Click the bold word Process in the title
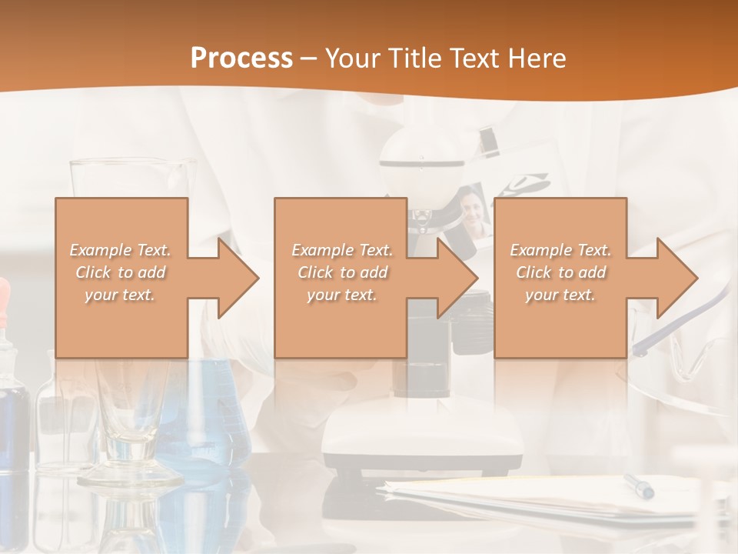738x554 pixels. point(241,58)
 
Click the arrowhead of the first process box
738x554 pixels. point(238,278)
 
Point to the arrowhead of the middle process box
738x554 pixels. point(457,278)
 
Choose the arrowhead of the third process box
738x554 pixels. point(677,278)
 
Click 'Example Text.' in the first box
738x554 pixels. point(121,250)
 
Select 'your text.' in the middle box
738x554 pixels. point(341,295)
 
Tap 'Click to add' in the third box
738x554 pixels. point(560,272)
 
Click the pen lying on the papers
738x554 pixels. point(639,486)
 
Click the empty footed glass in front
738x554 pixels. point(131,431)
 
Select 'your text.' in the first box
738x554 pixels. point(121,295)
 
